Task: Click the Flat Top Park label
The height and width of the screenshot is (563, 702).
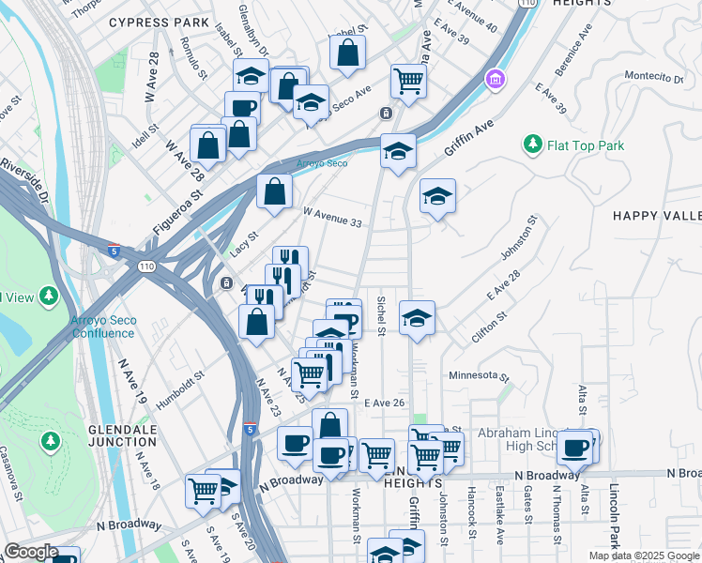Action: click(586, 145)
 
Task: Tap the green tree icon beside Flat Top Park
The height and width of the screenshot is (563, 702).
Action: click(533, 145)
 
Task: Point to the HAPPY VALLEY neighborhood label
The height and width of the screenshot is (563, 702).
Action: click(657, 216)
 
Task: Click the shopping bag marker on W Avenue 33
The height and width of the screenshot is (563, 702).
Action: click(273, 192)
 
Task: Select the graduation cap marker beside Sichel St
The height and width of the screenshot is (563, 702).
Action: click(417, 318)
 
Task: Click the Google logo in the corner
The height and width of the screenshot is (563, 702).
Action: click(31, 552)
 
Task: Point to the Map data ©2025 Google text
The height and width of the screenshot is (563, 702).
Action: click(643, 555)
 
